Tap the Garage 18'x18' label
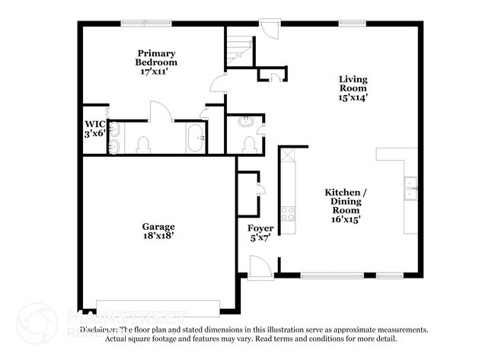[x=158, y=231]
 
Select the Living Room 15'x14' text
[x=354, y=88]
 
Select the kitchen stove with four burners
[x=288, y=213]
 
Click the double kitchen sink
[x=410, y=188]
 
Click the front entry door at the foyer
[x=259, y=266]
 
